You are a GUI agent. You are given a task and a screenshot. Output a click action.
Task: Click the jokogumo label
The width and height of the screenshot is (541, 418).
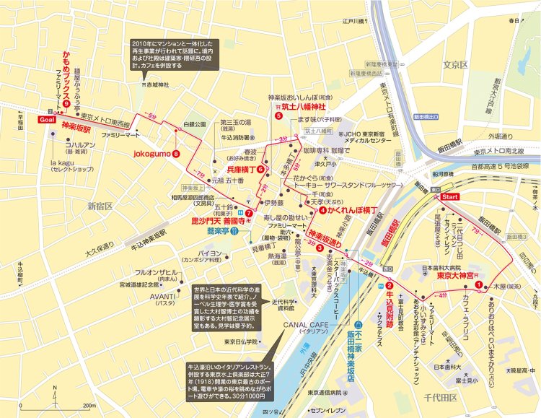150,153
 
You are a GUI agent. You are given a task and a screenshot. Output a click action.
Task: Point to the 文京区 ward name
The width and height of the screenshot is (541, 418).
456,64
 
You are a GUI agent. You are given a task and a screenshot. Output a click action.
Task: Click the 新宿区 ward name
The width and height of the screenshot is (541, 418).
102,206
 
